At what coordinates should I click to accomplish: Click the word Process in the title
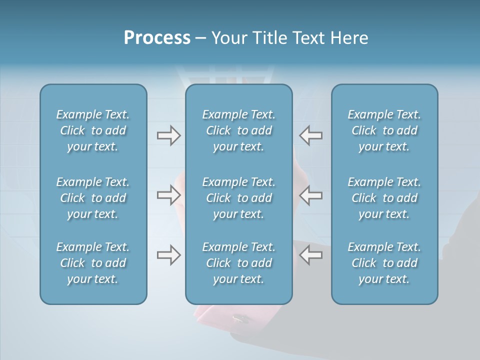(x=157, y=38)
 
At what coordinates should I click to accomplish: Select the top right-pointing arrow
(x=168, y=135)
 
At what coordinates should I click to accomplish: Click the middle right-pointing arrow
(x=168, y=195)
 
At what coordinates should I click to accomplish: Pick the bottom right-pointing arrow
(x=168, y=255)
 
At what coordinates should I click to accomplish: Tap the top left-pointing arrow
(x=310, y=135)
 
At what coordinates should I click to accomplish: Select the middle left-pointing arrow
(x=310, y=195)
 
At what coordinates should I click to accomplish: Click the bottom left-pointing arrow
(x=310, y=255)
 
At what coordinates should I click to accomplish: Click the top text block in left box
(x=93, y=130)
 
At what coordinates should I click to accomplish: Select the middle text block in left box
(x=93, y=198)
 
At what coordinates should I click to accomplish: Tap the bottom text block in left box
(x=93, y=263)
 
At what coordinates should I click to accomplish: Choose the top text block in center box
(x=238, y=130)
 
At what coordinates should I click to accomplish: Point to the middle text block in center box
(x=238, y=198)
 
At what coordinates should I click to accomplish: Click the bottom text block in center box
(x=238, y=263)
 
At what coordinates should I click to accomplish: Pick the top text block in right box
(x=384, y=130)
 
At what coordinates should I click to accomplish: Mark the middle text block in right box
(x=384, y=198)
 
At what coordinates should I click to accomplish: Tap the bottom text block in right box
(x=384, y=263)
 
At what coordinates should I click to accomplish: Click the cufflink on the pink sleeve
(x=238, y=317)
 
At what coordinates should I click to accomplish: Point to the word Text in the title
(x=307, y=38)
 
